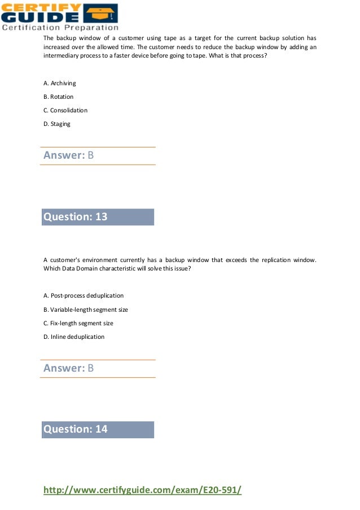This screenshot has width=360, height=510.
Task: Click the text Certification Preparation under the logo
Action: click(x=60, y=27)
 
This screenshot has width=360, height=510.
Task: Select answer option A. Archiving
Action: click(x=59, y=83)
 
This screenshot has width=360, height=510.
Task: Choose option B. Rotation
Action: click(x=58, y=97)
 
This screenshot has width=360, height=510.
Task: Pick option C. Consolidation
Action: click(x=65, y=110)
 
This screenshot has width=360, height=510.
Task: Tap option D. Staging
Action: click(x=57, y=124)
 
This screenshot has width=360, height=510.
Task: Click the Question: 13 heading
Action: click(x=76, y=217)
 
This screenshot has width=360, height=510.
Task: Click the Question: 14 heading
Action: click(x=76, y=429)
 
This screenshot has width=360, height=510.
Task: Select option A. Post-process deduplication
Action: click(x=84, y=295)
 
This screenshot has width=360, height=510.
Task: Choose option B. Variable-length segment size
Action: click(x=86, y=310)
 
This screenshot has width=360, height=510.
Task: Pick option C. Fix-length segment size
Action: click(x=78, y=323)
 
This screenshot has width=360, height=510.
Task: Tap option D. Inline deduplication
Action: click(x=74, y=337)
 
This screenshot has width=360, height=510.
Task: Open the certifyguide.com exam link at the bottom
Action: click(x=142, y=490)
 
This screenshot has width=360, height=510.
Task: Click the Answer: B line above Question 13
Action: click(x=68, y=155)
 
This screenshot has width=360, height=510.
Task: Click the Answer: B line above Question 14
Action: click(x=68, y=368)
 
